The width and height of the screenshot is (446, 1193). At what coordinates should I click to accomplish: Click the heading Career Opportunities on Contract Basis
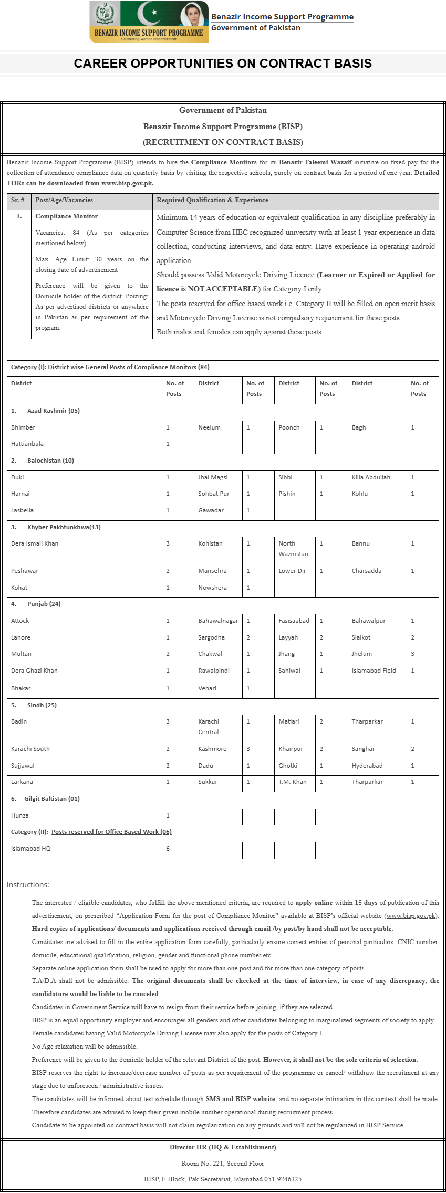[223, 64]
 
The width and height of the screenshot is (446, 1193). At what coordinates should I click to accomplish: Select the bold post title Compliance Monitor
[66, 216]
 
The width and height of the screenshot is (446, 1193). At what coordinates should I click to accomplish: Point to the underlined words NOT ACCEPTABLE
[223, 289]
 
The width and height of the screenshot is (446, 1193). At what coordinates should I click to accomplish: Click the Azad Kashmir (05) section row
[53, 411]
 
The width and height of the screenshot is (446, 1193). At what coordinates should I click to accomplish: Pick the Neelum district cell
[209, 427]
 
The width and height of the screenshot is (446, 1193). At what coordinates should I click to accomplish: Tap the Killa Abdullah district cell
[371, 477]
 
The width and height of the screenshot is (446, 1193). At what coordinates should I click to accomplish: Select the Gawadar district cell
[211, 510]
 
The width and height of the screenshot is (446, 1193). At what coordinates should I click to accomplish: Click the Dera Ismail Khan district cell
[35, 543]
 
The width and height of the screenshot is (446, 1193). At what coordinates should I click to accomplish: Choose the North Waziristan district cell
[293, 549]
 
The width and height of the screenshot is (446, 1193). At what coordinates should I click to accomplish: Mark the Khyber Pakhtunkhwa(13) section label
[64, 527]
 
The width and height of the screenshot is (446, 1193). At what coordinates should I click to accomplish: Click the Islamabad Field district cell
[374, 671]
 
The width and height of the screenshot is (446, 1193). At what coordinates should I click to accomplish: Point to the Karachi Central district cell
[209, 727]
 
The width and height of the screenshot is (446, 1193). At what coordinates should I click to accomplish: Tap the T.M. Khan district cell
[292, 782]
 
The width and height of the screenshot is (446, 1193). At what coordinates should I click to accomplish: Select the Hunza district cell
[20, 815]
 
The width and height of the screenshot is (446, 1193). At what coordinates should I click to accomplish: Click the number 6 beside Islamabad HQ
[168, 849]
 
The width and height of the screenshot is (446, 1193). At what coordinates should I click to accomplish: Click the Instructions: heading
[28, 885]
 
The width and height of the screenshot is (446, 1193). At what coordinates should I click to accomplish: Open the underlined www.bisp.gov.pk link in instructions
[411, 916]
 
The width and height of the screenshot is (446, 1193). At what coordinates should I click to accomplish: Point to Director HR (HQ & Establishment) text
[223, 1147]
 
